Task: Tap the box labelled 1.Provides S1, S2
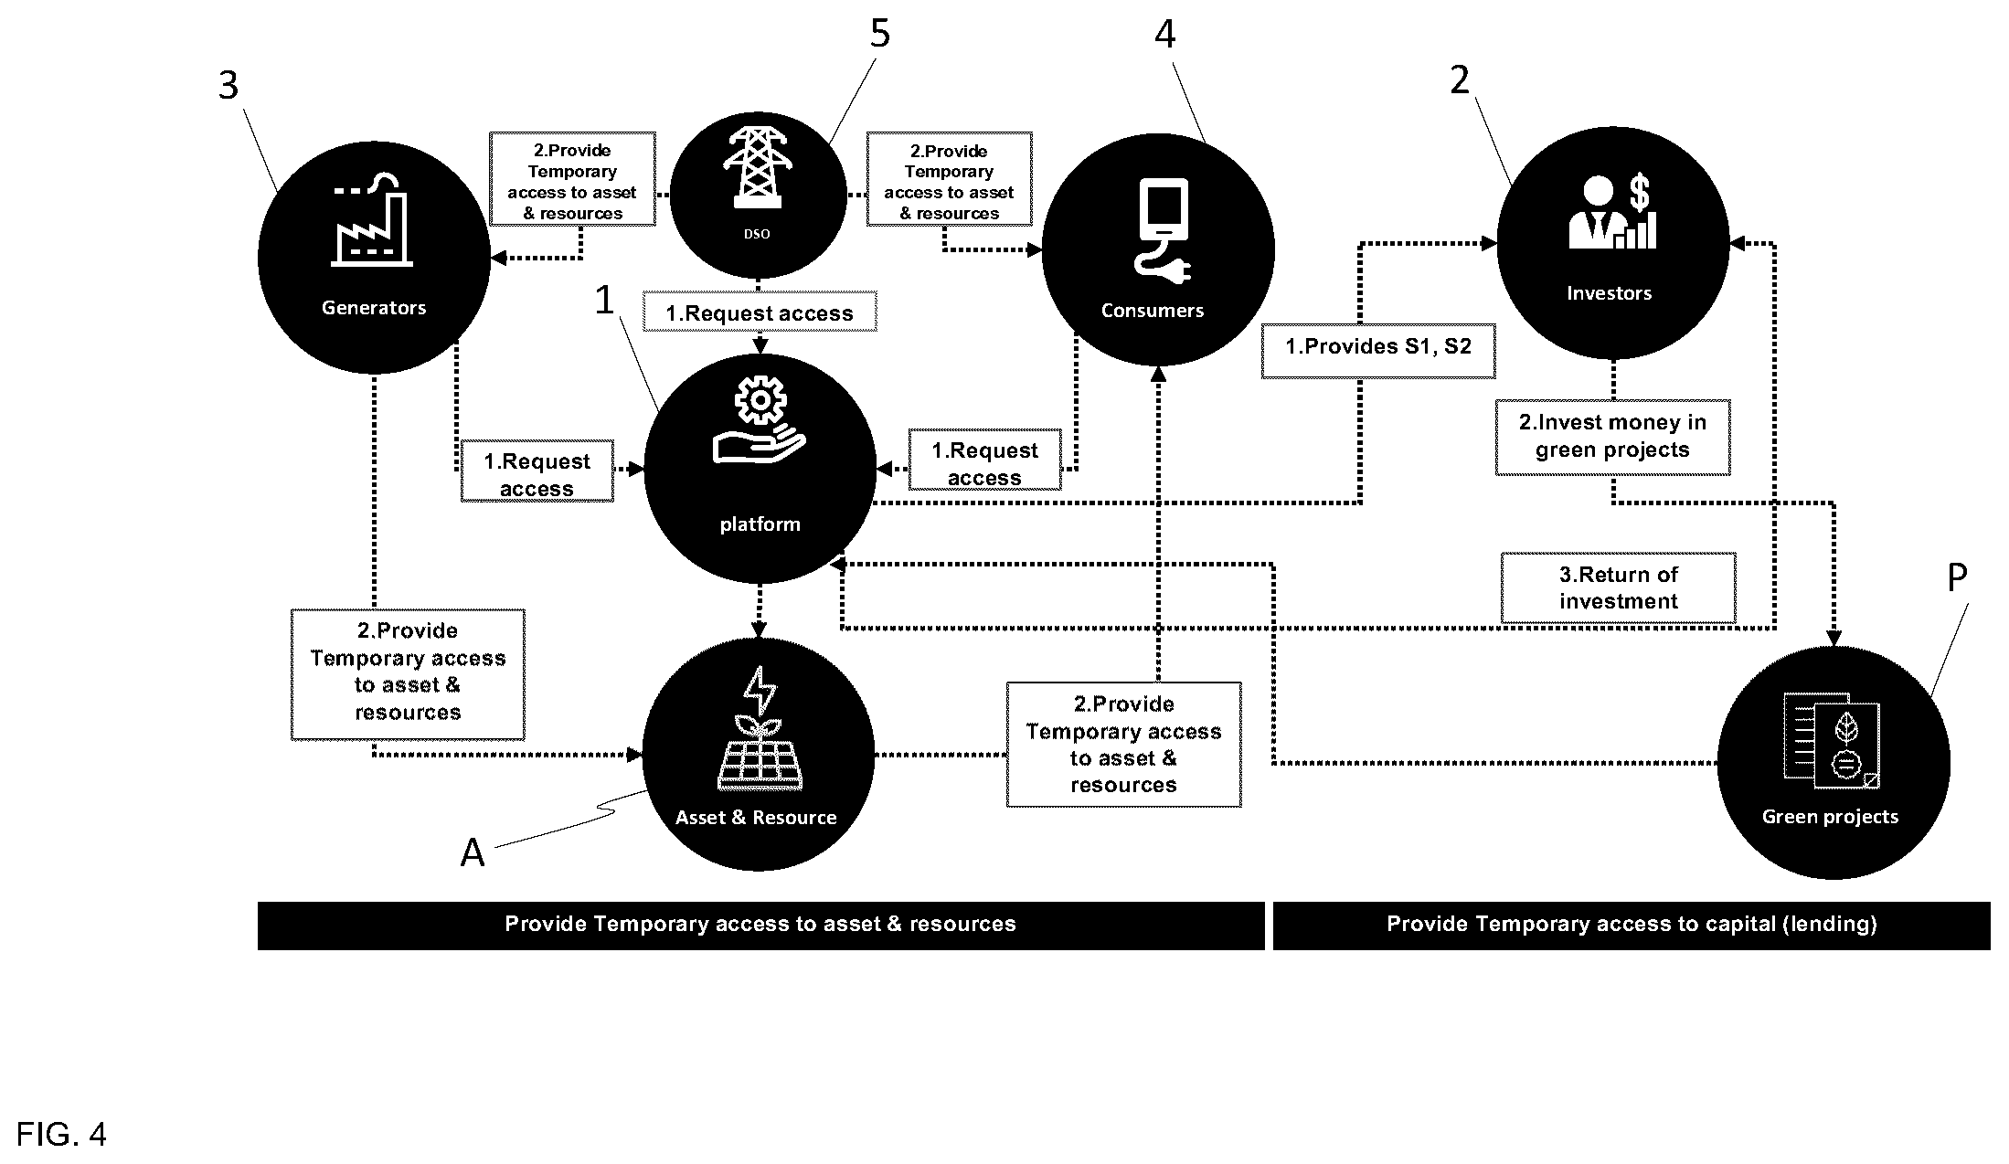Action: click(x=1378, y=350)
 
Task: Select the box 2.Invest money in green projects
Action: click(x=1613, y=437)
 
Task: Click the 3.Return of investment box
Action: click(x=1619, y=587)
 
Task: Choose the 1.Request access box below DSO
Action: click(x=760, y=312)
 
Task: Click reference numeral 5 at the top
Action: click(x=879, y=34)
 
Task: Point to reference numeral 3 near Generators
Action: click(x=229, y=86)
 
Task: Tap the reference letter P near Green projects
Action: click(x=1957, y=577)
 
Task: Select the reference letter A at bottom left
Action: click(x=473, y=852)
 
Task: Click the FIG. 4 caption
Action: click(x=61, y=1135)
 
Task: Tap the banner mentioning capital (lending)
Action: click(x=1632, y=926)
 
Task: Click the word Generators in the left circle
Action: click(x=374, y=308)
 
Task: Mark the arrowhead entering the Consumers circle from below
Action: click(x=1158, y=373)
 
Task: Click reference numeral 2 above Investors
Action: click(x=1460, y=81)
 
